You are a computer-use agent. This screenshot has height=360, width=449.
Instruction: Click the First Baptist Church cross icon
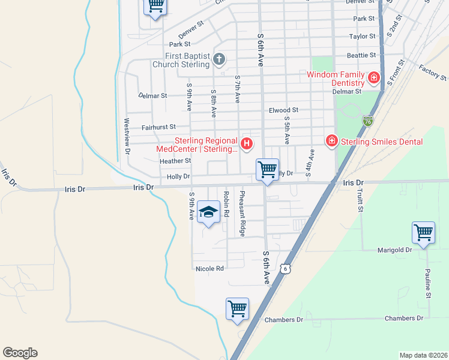[219, 59]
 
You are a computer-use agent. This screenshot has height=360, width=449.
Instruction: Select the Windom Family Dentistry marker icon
[373, 78]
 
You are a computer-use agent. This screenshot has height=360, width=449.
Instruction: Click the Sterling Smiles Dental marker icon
[331, 141]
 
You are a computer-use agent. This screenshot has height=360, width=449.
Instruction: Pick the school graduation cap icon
[208, 212]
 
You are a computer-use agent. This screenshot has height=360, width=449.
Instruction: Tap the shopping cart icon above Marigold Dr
[423, 232]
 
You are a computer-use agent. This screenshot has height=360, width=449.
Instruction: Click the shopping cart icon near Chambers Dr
[237, 308]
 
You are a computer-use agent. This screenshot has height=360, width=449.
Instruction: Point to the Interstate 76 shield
[367, 121]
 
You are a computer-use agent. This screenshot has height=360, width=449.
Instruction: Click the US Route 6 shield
[287, 269]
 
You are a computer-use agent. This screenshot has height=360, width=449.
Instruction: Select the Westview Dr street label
[127, 136]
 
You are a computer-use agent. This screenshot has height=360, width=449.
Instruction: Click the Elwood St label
[283, 110]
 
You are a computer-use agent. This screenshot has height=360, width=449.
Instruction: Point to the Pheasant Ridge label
[243, 205]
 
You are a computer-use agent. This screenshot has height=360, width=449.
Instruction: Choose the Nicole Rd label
[209, 269]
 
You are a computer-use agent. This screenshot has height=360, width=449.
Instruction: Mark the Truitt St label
[360, 201]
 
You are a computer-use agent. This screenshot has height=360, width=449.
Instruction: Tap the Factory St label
[433, 73]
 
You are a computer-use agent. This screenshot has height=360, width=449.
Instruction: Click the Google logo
[20, 353]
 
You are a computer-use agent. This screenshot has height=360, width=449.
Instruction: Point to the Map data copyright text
[423, 355]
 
